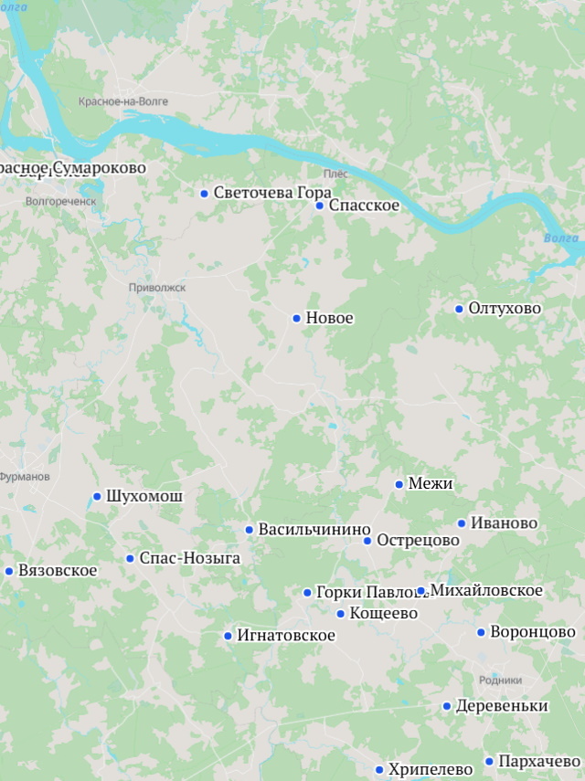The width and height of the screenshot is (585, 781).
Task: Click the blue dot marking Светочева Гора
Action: pos(205,194)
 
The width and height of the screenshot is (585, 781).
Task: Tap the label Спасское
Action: pos(364,206)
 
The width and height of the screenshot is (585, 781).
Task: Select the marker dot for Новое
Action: pos(297,319)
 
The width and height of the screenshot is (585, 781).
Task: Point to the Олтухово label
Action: pos(505,309)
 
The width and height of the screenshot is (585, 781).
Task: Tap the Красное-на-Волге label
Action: pos(123,101)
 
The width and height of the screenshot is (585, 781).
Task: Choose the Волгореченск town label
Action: pos(60,201)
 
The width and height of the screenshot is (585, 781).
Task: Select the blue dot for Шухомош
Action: pos(97,497)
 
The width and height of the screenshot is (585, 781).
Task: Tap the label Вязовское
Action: pos(58,571)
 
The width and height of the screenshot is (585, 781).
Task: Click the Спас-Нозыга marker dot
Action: pos(130,558)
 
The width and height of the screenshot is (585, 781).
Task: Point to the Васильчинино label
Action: pos(314,530)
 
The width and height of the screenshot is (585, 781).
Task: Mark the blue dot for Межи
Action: pos(399,484)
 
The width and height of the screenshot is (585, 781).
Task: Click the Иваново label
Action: pos(504,523)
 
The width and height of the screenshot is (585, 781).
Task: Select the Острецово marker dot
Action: pos(367,541)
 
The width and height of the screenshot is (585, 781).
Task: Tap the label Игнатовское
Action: pos(286,636)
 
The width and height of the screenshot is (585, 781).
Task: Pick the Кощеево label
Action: pos(383,614)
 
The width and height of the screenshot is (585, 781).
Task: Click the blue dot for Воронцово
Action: pos(481,632)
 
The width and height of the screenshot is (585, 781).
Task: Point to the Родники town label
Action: pos(500,681)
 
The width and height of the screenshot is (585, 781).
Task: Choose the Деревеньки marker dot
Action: pos(447,706)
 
